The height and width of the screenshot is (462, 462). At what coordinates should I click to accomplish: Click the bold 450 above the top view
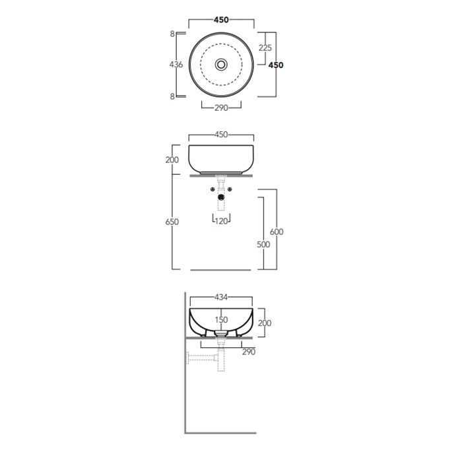[x=221, y=20]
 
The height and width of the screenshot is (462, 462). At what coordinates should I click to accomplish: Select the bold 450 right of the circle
[x=276, y=65]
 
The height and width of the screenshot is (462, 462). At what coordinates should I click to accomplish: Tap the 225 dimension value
[x=265, y=48]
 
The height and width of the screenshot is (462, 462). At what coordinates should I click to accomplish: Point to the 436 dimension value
[x=176, y=64]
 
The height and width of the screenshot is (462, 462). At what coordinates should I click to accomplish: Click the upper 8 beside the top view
[x=172, y=34]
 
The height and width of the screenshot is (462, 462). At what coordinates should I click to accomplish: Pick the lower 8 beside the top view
[x=172, y=96]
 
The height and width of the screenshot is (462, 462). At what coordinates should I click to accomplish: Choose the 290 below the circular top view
[x=221, y=108]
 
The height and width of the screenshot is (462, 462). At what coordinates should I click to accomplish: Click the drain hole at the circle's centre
[x=221, y=64]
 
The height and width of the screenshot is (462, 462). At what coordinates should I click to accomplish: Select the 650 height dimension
[x=172, y=222]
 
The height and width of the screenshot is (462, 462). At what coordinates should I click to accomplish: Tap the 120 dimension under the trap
[x=222, y=221]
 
